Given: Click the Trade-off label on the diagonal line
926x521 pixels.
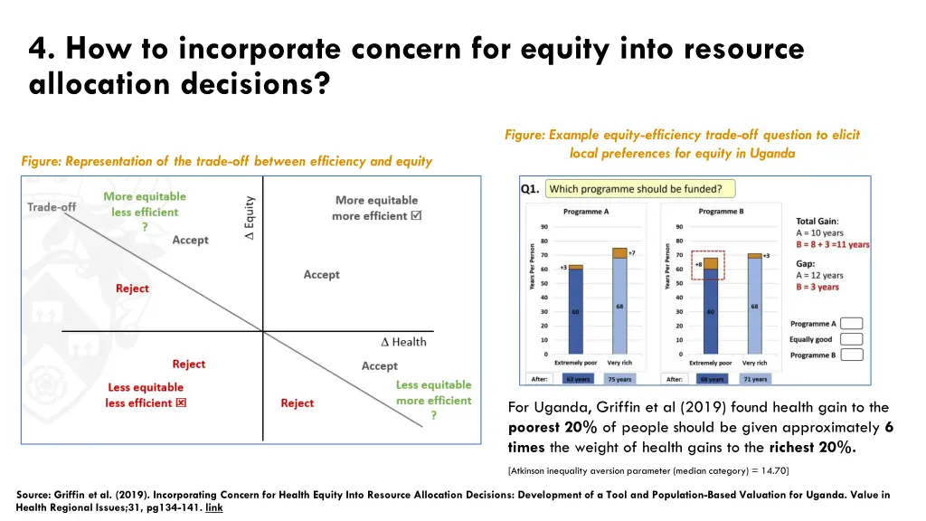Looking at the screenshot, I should coord(52,207).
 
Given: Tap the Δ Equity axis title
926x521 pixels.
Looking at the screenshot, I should coord(250,218).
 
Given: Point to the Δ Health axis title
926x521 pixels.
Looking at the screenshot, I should coord(403,341).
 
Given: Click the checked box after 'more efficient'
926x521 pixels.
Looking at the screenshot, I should coord(416,216).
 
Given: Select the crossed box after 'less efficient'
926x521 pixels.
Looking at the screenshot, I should coord(181,403).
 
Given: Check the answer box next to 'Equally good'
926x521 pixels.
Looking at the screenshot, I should coord(852,339).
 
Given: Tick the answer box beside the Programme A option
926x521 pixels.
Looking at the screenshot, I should coord(852,323).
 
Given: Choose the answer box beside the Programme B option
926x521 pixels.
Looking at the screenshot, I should coord(852,355).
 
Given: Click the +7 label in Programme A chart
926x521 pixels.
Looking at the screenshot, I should coord(632,252).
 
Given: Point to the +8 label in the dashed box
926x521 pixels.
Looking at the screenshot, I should coord(699,264).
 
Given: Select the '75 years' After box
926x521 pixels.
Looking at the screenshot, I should coord(619,379).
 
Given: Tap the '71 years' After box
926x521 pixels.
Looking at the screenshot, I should coord(755,379).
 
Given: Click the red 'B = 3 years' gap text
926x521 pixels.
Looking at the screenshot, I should coord(817,288).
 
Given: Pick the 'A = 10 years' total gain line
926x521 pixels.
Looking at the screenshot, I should coord(819,232).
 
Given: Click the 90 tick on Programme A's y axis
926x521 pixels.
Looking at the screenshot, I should coord(544,226).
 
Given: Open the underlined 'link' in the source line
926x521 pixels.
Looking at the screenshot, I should coord(213,507).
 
